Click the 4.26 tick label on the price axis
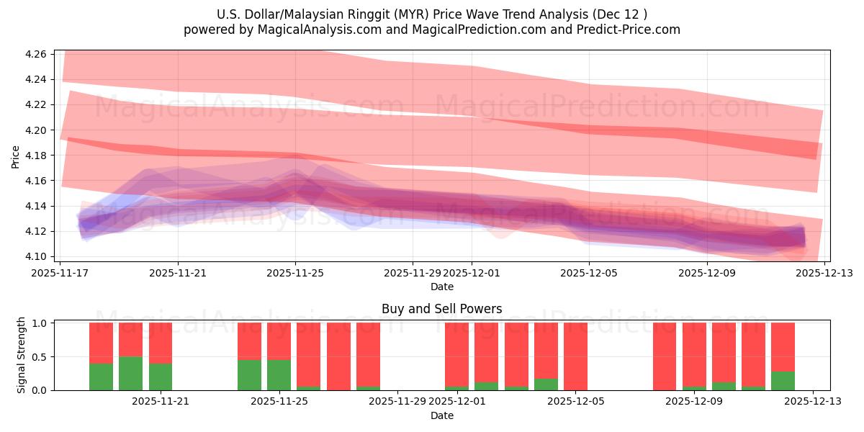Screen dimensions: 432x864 (37, 55)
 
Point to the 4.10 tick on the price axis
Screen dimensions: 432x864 (37, 257)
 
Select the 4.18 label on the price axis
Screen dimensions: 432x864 (37, 156)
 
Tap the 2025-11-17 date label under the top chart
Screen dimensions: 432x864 (60, 273)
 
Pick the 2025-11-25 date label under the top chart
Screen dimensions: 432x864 (295, 273)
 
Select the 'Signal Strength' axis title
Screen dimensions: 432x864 (22, 355)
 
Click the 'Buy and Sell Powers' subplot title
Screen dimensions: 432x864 (442, 309)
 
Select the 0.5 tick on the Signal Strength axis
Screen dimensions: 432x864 (39, 357)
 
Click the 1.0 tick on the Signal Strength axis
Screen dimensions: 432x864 (39, 323)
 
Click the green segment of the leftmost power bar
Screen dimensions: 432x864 (101, 377)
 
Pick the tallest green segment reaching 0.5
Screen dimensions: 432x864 (130, 373)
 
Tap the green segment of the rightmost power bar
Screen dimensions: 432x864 (783, 381)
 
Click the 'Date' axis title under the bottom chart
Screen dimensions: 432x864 (442, 415)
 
